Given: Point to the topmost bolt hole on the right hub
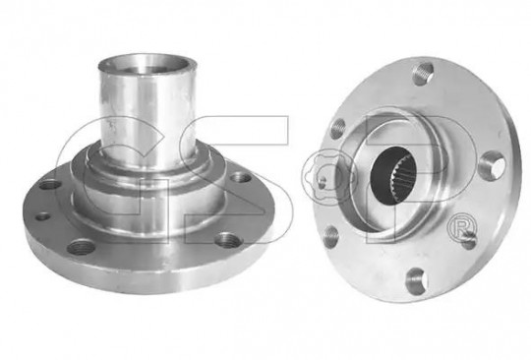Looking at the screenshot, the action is tap(424, 73).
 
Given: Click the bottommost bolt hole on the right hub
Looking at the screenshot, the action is tap(416, 280).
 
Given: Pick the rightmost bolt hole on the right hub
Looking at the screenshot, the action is tap(493, 166).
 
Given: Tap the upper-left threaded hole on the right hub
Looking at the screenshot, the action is tap(337, 128).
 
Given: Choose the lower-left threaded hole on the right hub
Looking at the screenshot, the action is tap(331, 237).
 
